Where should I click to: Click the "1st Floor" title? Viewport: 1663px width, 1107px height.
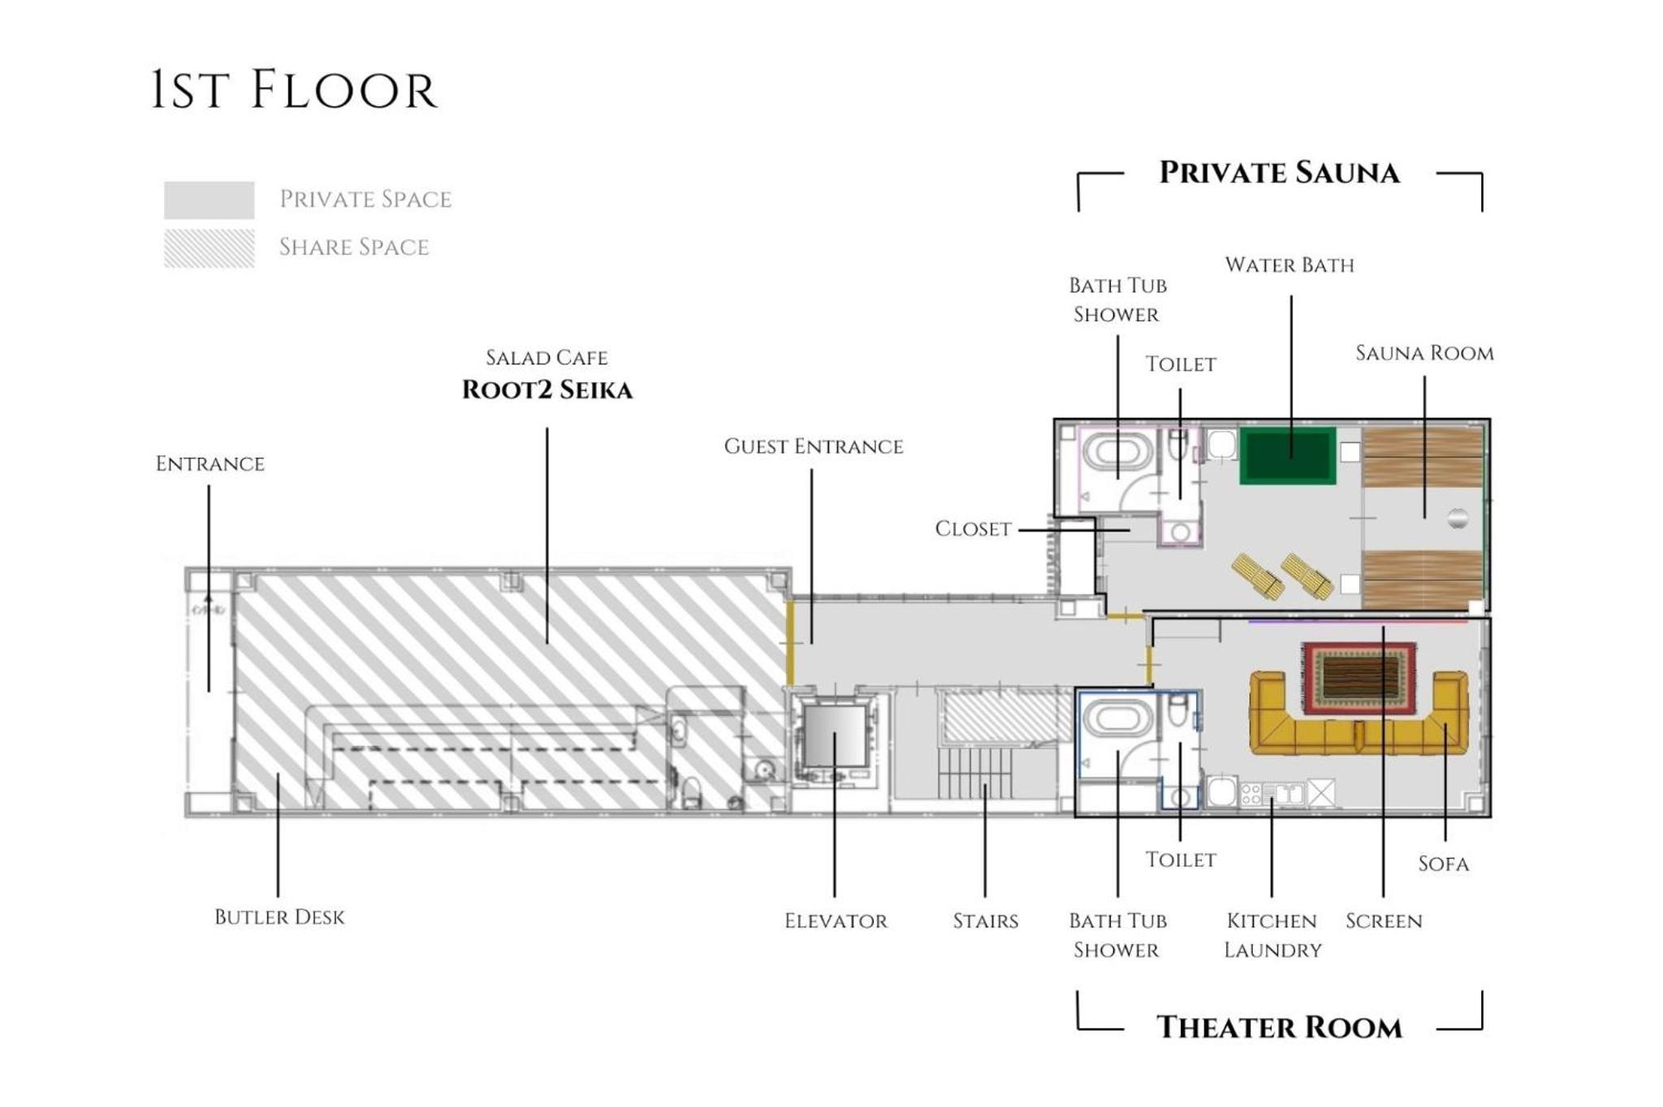pyautogui.click(x=294, y=90)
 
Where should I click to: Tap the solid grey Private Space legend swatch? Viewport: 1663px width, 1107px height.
pyautogui.click(x=209, y=200)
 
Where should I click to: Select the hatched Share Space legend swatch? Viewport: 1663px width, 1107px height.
pyautogui.click(x=209, y=248)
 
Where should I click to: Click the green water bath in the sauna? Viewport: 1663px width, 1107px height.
pyautogui.click(x=1287, y=455)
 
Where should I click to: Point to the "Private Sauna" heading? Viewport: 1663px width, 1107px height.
pyautogui.click(x=1279, y=173)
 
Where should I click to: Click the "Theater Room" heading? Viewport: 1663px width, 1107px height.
pyautogui.click(x=1279, y=1027)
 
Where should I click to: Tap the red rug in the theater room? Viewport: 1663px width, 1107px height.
pyautogui.click(x=1359, y=678)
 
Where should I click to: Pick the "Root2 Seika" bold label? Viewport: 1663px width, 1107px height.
pyautogui.click(x=546, y=390)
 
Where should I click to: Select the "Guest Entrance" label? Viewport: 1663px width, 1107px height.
pyautogui.click(x=813, y=446)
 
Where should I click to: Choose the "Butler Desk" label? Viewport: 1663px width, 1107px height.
pyautogui.click(x=279, y=917)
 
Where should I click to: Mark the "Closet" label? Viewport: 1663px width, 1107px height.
pyautogui.click(x=973, y=529)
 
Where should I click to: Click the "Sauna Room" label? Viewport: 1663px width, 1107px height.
pyautogui.click(x=1424, y=354)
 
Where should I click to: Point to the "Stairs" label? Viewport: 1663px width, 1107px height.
pyautogui.click(x=985, y=921)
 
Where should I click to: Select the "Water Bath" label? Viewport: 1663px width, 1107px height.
pyautogui.click(x=1289, y=265)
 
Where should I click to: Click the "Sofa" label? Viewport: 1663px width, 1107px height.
pyautogui.click(x=1443, y=864)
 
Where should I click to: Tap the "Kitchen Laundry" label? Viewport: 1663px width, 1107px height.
pyautogui.click(x=1272, y=935)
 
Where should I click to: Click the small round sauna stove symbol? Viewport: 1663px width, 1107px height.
pyautogui.click(x=1458, y=518)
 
